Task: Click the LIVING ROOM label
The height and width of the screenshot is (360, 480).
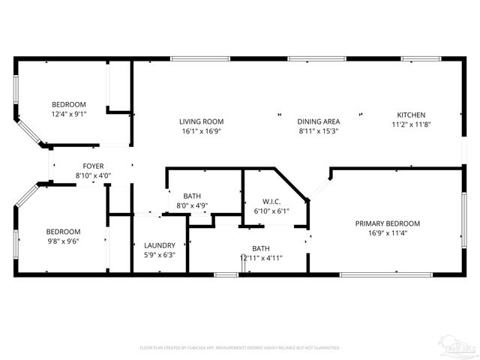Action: pyautogui.click(x=201, y=121)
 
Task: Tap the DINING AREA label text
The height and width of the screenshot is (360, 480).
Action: pyautogui.click(x=319, y=121)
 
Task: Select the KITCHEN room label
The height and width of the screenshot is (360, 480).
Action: pyautogui.click(x=411, y=115)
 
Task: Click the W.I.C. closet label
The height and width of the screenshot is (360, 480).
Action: pyautogui.click(x=271, y=201)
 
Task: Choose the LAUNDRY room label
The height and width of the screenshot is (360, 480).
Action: pyautogui.click(x=159, y=245)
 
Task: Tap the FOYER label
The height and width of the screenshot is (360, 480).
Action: pyautogui.click(x=93, y=166)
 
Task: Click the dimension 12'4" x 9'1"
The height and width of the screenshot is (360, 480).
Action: pyautogui.click(x=68, y=114)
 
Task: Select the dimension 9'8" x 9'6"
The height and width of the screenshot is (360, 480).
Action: pyautogui.click(x=63, y=241)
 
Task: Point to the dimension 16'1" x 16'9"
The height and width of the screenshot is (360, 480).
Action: pyautogui.click(x=201, y=131)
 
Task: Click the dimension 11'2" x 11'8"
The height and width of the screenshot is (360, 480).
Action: pyautogui.click(x=411, y=125)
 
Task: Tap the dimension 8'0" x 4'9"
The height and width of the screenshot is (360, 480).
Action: pyautogui.click(x=192, y=205)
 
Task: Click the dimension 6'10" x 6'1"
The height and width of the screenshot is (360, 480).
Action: pyautogui.click(x=271, y=211)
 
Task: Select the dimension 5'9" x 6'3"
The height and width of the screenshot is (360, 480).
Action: pyautogui.click(x=159, y=255)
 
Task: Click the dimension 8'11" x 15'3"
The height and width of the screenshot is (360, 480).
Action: pyautogui.click(x=319, y=131)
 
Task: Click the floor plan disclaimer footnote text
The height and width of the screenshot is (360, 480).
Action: pyautogui.click(x=240, y=348)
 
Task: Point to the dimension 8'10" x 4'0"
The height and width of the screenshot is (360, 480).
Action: pyautogui.click(x=93, y=176)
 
